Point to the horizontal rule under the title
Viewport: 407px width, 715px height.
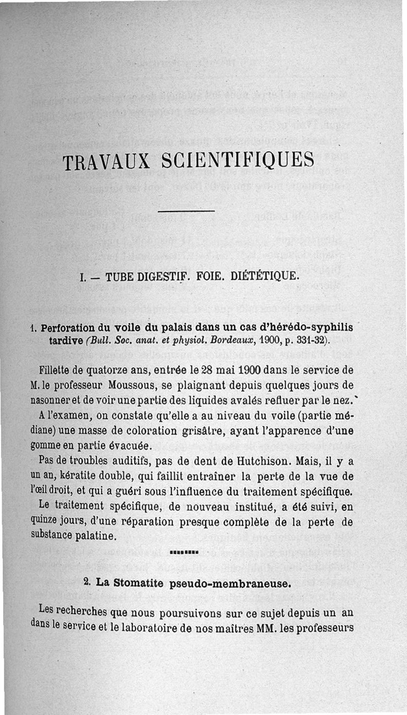tap(186, 210)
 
